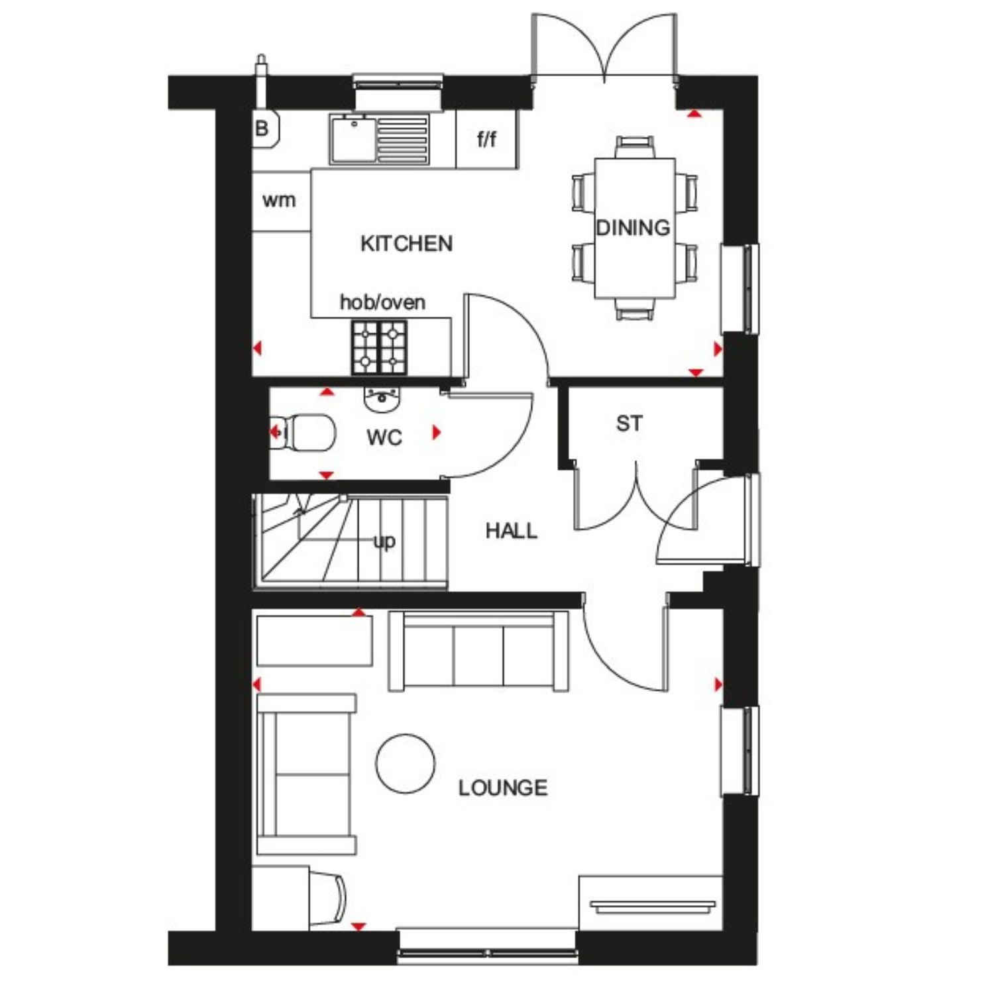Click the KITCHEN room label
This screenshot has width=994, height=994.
pos(406,244)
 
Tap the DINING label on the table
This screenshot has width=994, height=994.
pos(633,228)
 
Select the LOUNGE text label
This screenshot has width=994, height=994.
pos(503,788)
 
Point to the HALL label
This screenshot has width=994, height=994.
pos(511,531)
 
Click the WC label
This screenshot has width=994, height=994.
pos(384,437)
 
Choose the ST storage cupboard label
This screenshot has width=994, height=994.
pos(629,423)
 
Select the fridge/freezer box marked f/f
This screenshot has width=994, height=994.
pos(486,139)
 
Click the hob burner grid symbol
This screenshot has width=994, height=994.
pos(379,347)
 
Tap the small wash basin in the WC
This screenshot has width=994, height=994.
pos(382,399)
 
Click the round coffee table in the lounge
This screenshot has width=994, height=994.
pos(406,763)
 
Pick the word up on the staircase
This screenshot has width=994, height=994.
pos(384,541)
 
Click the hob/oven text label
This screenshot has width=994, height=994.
pos(382,302)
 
